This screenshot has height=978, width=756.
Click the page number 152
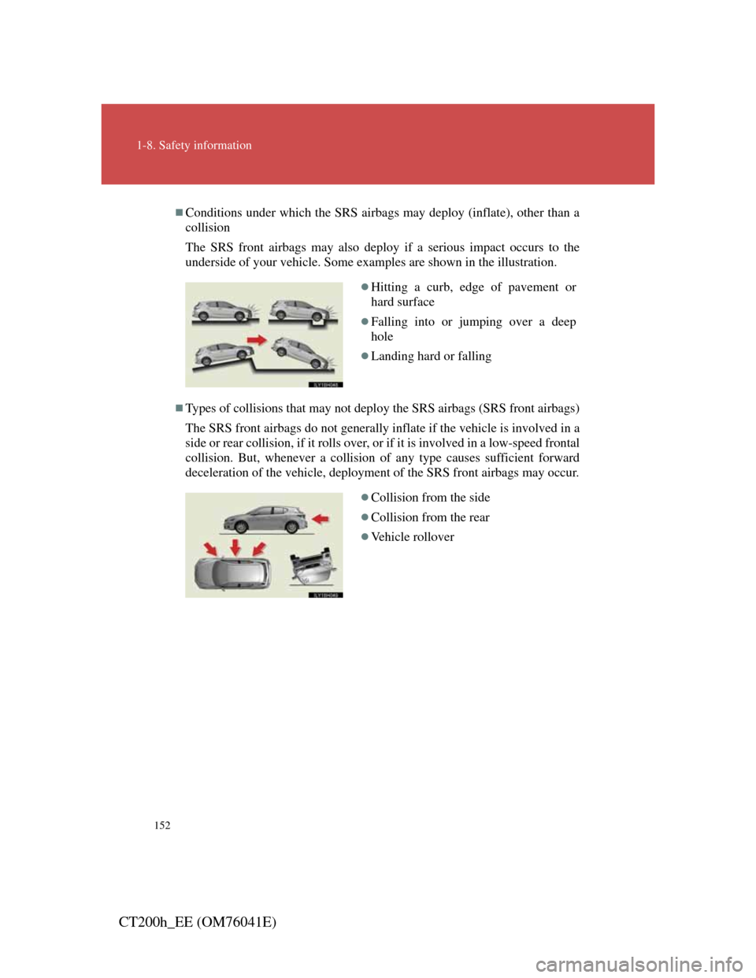(162, 825)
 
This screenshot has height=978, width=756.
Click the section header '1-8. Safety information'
(194, 146)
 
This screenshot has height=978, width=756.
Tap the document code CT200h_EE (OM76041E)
(198, 923)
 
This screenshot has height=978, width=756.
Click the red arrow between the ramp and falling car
(257, 340)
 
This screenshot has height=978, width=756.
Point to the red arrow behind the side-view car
(321, 520)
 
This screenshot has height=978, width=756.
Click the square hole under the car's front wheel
(318, 322)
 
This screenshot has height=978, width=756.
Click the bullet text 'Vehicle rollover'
(413, 537)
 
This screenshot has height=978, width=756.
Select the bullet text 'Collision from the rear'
(430, 517)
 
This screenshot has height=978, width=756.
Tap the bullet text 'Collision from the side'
(431, 498)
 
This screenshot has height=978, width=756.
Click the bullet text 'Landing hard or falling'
(431, 356)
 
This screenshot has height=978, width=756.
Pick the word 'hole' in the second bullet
(382, 336)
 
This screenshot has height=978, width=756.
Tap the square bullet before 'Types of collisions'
(179, 408)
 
